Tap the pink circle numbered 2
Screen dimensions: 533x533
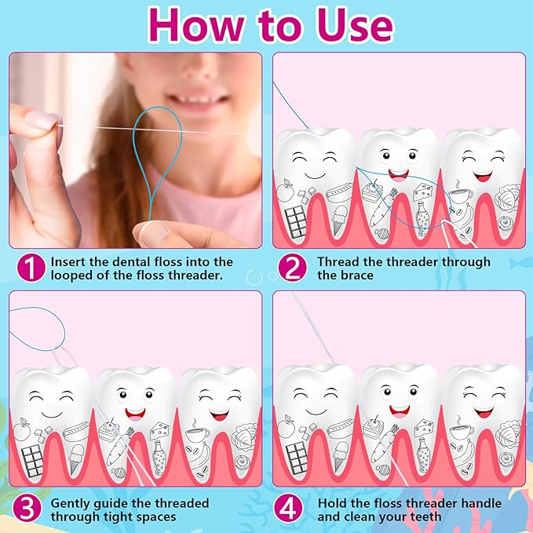click(x=294, y=268)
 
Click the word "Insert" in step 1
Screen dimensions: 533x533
click(x=70, y=261)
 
